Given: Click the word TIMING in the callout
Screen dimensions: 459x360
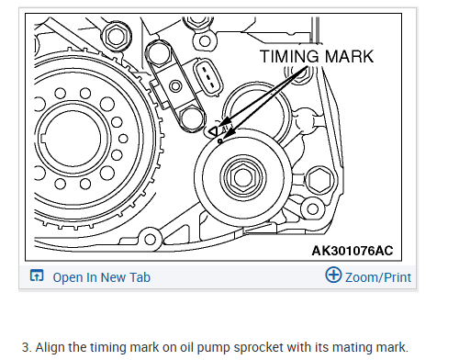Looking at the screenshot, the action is point(289,57).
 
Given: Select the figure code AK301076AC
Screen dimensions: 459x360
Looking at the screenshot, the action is point(353,251).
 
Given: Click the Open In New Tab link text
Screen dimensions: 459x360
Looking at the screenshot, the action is point(102,277).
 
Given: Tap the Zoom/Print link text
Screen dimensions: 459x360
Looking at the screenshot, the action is point(378,277).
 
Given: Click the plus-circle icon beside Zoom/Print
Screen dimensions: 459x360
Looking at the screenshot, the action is point(333,275).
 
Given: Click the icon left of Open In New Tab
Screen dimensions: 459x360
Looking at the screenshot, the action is point(37,276).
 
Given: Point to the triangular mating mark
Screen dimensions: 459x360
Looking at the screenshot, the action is point(213,131).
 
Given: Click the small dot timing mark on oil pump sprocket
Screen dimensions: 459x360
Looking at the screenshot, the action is point(219,141).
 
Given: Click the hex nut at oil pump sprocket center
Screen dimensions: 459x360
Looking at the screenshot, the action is point(243,178).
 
